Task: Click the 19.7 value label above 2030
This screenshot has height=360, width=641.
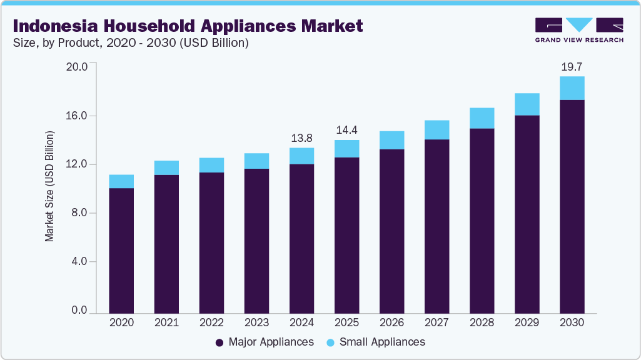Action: pyautogui.click(x=572, y=66)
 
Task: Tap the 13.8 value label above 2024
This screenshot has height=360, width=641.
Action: pyautogui.click(x=301, y=137)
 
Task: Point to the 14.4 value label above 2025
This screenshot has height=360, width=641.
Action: pyautogui.click(x=346, y=130)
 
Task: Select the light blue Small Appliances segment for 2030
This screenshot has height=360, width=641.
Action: pyautogui.click(x=572, y=88)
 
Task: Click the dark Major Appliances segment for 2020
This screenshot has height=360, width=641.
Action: pyautogui.click(x=121, y=250)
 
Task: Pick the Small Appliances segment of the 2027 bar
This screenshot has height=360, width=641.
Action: pyautogui.click(x=437, y=130)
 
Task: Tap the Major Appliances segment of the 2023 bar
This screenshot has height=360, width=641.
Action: pyautogui.click(x=256, y=241)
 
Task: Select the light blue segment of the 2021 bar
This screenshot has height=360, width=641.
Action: pyautogui.click(x=166, y=167)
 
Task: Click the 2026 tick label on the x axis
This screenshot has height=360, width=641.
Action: pyautogui.click(x=391, y=323)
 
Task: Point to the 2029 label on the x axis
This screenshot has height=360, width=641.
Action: pyautogui.click(x=527, y=323)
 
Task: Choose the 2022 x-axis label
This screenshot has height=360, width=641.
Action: pyautogui.click(x=211, y=323)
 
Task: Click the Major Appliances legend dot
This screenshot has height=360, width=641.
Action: pyautogui.click(x=220, y=342)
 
